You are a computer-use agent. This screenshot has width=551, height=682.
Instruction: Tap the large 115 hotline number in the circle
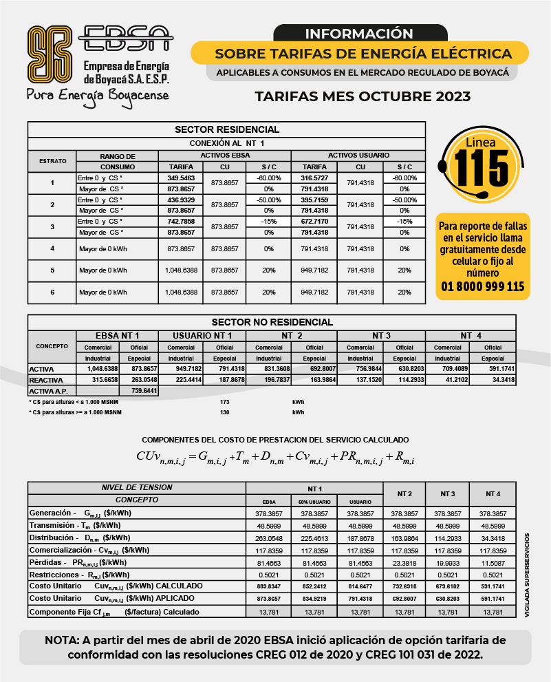point(482,166)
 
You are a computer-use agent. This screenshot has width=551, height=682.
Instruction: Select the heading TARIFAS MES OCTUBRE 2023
point(363,96)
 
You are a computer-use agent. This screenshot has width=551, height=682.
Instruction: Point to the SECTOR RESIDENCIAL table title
point(227,129)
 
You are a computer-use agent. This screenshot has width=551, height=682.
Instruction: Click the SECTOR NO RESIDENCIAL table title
point(272,322)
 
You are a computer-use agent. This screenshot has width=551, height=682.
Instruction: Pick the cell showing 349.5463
point(181,178)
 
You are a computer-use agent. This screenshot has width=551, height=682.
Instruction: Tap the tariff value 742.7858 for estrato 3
point(181,222)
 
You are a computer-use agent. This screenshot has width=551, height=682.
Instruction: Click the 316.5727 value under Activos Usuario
point(314,178)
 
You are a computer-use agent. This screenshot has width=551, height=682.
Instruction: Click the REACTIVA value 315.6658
point(95,380)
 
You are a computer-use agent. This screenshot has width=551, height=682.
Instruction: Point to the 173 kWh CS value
point(224,401)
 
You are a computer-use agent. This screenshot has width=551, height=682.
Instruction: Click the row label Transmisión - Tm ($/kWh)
point(76,525)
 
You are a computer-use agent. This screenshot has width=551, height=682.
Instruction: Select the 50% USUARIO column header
point(314,502)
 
